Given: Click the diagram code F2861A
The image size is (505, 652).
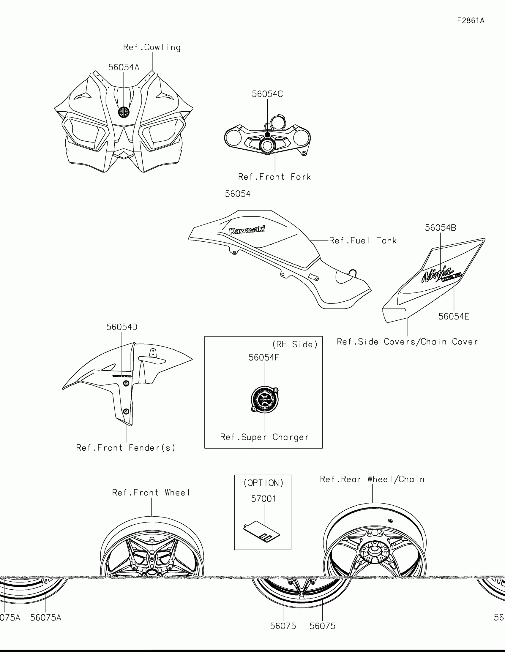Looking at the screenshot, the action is [471, 20].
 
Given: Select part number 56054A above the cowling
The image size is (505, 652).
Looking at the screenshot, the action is [124, 67].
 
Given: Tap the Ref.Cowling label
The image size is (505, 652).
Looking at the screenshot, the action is [152, 48].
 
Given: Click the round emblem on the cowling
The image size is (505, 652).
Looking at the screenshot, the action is [124, 112].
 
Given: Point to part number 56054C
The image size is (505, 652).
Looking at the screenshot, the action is [267, 94].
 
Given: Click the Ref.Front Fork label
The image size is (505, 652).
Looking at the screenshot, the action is [274, 177].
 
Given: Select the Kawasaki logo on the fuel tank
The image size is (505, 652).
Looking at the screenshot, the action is [247, 230].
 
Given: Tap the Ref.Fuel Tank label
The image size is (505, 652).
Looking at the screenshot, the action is [363, 240].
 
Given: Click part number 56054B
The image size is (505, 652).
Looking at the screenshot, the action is [441, 228].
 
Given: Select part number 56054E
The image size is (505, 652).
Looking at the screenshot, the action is [454, 316].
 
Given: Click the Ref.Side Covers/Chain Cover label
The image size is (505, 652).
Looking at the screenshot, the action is [407, 341].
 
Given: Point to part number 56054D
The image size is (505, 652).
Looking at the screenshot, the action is [122, 327].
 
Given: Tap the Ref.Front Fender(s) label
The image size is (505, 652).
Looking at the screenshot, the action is [126, 448].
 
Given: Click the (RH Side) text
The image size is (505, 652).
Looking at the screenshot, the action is [295, 344].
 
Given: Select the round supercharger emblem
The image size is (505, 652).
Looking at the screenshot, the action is [265, 400].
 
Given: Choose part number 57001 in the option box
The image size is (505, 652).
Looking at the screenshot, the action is [264, 499].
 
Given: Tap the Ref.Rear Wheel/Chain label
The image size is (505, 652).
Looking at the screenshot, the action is [372, 479].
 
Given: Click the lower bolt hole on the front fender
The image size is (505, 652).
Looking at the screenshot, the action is [126, 412].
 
